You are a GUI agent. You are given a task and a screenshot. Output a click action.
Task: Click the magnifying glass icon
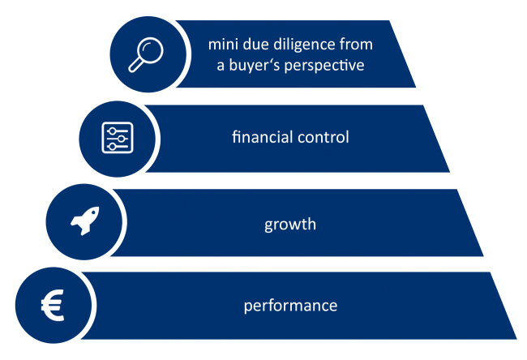tap(146, 54)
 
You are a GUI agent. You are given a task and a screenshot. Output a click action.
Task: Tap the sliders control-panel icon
tap(118, 138)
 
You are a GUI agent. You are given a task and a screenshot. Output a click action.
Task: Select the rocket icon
tap(85, 221)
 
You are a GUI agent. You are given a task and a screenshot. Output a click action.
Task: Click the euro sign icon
tap(53, 305)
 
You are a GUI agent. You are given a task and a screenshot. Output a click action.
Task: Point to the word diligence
tap(304, 45)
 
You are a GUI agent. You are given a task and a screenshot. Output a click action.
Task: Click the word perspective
tap(324, 65)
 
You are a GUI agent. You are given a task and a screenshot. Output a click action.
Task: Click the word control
tap(323, 137)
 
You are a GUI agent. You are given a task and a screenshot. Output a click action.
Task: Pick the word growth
tap(290, 225)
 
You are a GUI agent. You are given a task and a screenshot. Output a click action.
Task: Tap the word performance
tap(290, 306)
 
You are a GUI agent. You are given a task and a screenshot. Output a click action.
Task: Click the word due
tap(255, 45)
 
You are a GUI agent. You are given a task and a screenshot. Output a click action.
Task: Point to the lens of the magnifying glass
tap(150, 50)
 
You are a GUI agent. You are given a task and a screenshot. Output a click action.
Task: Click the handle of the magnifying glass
tap(135, 65)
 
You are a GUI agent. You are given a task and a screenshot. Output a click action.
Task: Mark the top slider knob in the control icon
tap(113, 131)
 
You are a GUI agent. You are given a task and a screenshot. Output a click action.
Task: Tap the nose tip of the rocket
tap(98, 208)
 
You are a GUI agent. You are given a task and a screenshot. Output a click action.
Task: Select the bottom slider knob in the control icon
tap(112, 147)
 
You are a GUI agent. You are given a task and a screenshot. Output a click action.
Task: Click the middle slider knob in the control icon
tap(122, 139)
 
